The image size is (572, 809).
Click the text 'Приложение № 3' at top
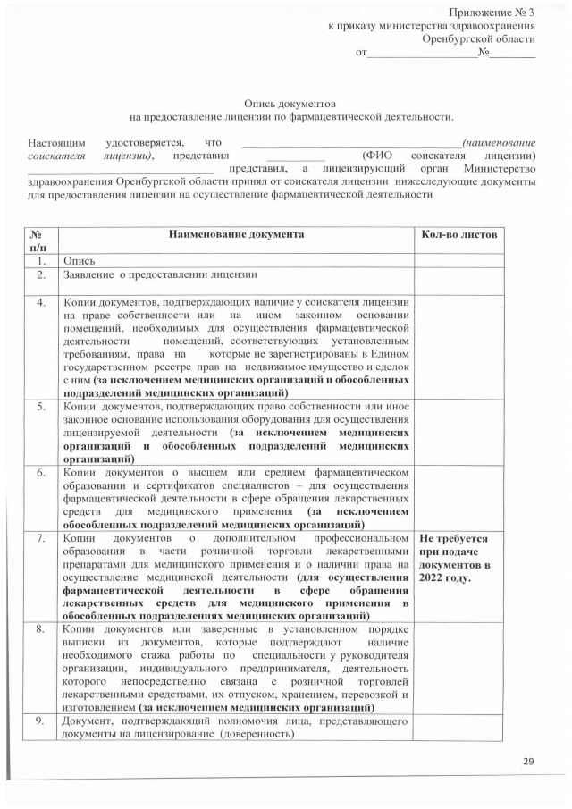click(492, 12)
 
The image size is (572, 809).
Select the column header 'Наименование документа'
click(235, 234)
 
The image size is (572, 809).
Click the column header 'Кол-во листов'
click(458, 234)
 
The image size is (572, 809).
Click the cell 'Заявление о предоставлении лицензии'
click(160, 274)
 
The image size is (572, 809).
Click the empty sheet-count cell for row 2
click(458, 274)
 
